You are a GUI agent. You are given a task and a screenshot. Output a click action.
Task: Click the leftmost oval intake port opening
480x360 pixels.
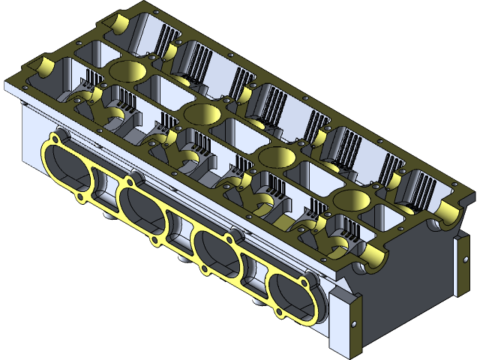click(68, 166)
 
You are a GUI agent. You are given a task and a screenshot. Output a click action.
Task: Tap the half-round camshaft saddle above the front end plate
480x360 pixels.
click(370, 258)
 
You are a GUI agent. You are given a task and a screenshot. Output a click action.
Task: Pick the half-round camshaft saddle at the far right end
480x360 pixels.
click(448, 214)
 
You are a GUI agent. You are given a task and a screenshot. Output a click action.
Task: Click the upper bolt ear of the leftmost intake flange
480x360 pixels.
click(53, 136)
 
